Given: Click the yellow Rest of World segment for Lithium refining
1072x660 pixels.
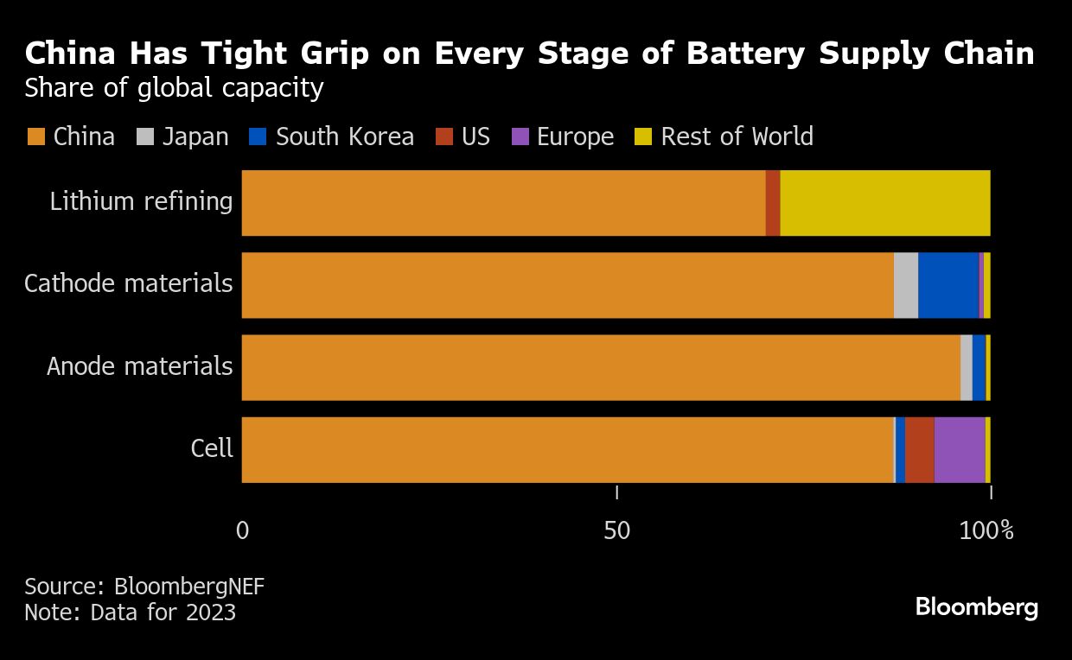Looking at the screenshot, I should pos(884,203).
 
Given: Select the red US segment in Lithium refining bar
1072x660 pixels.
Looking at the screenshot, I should pos(773,203).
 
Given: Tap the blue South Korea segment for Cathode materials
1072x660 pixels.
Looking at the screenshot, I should pos(948,285).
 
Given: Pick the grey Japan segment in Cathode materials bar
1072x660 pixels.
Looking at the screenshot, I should pos(905,285).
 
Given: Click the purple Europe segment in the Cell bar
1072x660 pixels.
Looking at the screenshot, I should pos(960,449).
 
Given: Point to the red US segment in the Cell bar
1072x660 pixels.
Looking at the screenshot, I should pos(920,449).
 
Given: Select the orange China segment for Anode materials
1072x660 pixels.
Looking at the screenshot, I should pos(601,367).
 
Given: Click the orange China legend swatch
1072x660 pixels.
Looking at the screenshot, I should pos(35,137).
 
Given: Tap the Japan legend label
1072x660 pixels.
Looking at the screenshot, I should pos(195,137).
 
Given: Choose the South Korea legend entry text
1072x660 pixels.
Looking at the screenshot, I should pos(344,137).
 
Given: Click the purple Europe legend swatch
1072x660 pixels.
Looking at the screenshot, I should pos(520,137).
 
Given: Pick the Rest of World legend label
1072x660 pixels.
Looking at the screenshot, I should pos(737,137).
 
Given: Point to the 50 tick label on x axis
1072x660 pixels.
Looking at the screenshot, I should pos(616,530).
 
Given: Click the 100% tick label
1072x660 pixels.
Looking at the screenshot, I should pos(986,530).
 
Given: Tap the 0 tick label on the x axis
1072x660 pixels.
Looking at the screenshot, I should pos(242,530).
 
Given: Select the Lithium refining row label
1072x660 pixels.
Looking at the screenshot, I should pos(141,202).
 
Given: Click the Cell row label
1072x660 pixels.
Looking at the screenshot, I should pos(212,448).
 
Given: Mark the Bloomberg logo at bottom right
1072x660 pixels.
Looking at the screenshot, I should pos(976,607).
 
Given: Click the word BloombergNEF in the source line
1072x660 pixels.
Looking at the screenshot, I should pos(188,587).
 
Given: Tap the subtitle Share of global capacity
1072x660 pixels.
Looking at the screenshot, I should pos(174,88).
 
